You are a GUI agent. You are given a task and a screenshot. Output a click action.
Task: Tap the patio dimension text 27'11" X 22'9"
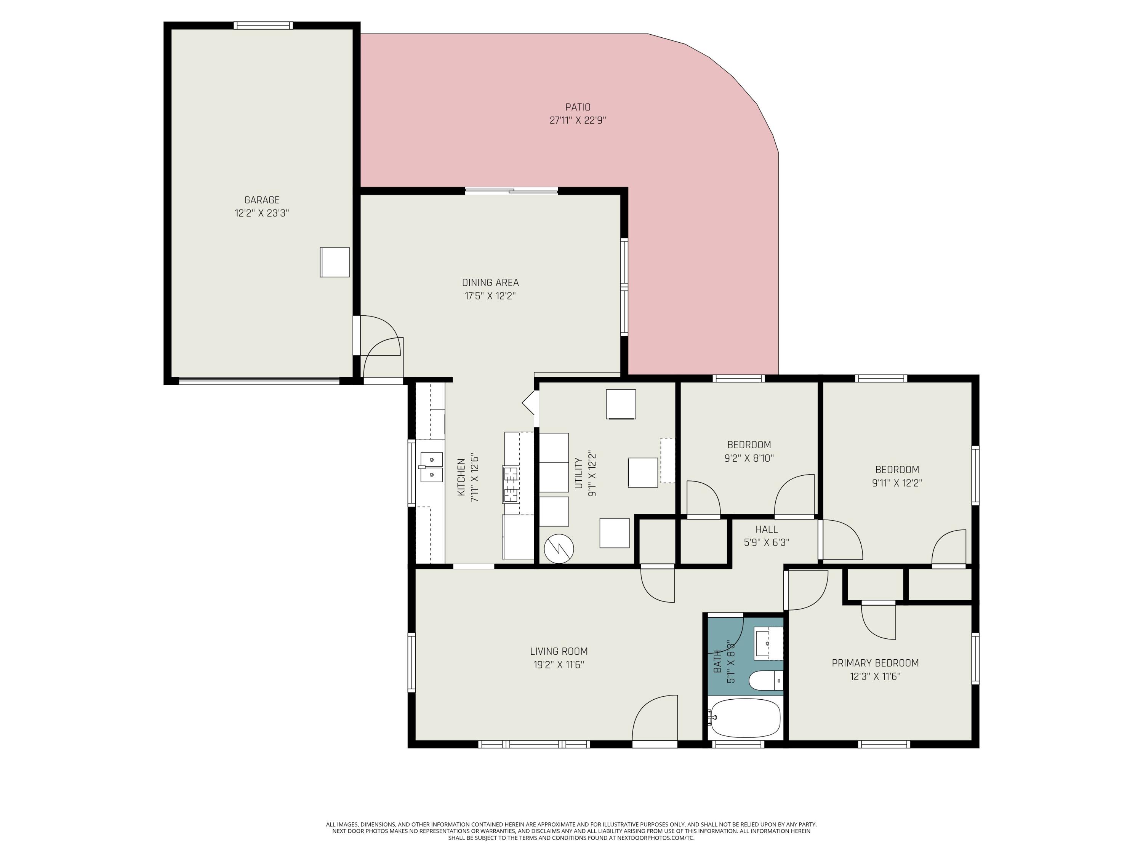click(x=577, y=120)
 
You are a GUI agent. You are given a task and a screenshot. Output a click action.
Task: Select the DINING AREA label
click(x=490, y=283)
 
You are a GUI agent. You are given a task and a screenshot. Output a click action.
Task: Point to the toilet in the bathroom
click(x=766, y=681)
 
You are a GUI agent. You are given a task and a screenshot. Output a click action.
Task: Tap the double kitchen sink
click(x=431, y=467)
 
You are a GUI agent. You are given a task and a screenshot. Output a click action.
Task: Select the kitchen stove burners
click(x=511, y=484)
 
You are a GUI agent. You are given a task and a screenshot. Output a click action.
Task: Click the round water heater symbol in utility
click(x=559, y=548)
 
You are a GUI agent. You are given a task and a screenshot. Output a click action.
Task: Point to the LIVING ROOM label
click(x=559, y=651)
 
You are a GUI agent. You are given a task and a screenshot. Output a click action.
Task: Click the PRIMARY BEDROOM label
click(x=875, y=663)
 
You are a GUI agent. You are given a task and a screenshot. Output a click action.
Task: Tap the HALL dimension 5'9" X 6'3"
click(x=766, y=542)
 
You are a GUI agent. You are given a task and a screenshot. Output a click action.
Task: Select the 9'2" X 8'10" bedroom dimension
click(x=749, y=458)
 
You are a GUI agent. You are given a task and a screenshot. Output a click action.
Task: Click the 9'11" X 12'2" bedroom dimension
click(x=896, y=483)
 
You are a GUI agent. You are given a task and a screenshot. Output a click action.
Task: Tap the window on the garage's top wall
click(x=263, y=25)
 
